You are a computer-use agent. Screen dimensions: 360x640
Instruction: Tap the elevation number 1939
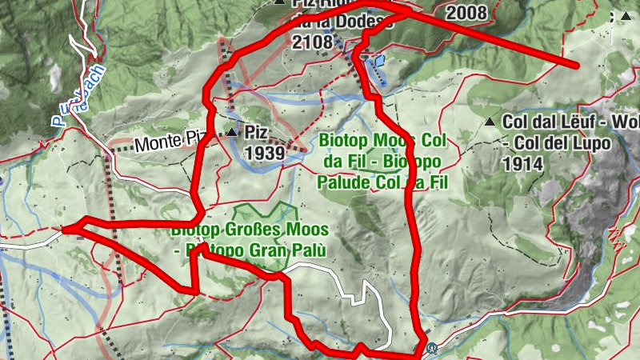[264, 151]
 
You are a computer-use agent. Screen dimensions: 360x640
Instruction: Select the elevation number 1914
[523, 163]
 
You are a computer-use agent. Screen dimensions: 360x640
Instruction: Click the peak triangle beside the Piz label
[232, 132]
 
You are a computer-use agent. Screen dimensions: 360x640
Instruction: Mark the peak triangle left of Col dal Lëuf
[489, 122]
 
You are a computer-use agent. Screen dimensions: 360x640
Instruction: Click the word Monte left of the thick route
[154, 145]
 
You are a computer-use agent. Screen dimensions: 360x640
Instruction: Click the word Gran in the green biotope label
[271, 250]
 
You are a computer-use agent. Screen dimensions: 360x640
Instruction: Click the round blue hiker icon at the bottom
[433, 348]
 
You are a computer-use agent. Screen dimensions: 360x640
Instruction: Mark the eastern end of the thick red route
[575, 64]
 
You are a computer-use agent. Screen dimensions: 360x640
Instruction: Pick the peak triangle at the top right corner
[625, 15]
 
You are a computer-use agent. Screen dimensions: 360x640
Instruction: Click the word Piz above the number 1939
[255, 131]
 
